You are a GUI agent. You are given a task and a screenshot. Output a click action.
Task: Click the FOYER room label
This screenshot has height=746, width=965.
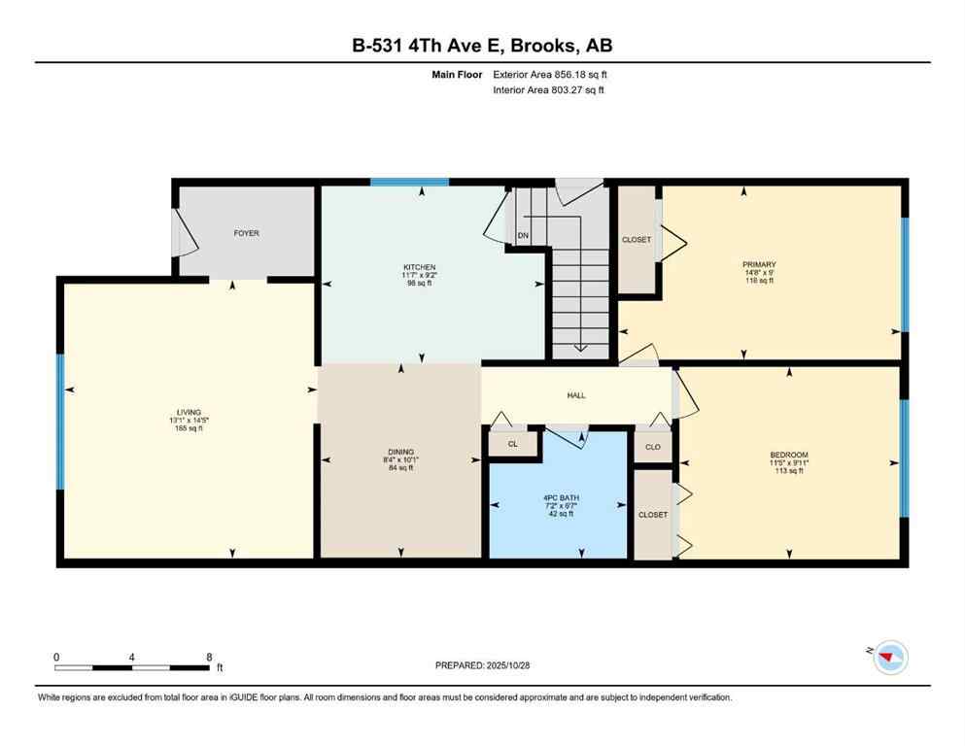[x=246, y=233]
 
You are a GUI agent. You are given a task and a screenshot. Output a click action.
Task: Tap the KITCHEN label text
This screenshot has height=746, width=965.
[x=420, y=267]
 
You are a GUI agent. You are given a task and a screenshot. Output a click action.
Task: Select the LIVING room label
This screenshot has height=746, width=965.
[x=189, y=412]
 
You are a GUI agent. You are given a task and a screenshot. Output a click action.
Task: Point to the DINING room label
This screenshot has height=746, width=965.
[x=401, y=452]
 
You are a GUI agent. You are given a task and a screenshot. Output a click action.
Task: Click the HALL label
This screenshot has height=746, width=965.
[x=576, y=395]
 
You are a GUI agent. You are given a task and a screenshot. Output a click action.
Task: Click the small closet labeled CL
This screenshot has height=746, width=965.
[x=512, y=444]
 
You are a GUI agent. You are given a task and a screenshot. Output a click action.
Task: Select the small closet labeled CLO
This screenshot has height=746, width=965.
[x=653, y=447]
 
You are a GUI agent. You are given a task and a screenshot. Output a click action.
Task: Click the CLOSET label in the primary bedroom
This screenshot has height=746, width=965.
[x=637, y=239]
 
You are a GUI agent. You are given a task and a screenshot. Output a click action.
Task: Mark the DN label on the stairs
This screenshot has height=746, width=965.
[x=523, y=236]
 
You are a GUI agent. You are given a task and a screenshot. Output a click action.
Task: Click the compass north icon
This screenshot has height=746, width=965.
[x=889, y=659]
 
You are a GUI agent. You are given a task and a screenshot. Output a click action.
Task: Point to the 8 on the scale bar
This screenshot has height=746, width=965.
[x=209, y=657]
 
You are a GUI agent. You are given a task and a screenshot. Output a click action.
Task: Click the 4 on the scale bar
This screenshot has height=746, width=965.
[x=131, y=657]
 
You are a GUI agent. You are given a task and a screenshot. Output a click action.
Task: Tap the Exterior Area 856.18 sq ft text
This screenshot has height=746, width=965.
[x=551, y=75]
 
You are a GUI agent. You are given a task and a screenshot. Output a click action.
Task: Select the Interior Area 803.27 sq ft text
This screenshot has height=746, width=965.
[x=549, y=90]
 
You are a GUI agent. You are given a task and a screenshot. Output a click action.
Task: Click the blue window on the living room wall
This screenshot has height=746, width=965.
[x=59, y=422]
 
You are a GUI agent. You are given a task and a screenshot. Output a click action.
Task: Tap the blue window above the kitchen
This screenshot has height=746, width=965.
[x=409, y=182]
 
